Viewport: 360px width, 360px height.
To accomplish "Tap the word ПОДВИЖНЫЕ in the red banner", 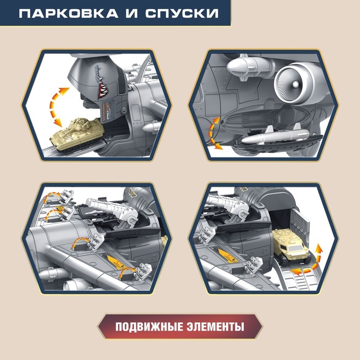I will pyautogui.click(x=146, y=327).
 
